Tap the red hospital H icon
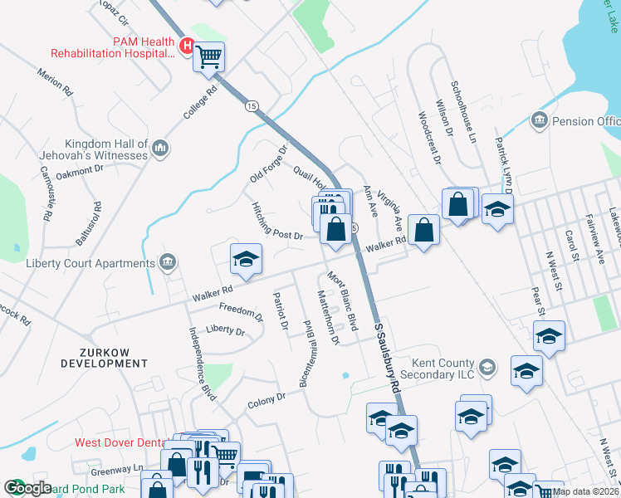(188, 46)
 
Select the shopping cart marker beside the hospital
(209, 57)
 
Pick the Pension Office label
(586, 121)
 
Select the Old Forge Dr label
(268, 165)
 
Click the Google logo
(27, 487)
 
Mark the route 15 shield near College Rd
(252, 105)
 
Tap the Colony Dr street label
(266, 401)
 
